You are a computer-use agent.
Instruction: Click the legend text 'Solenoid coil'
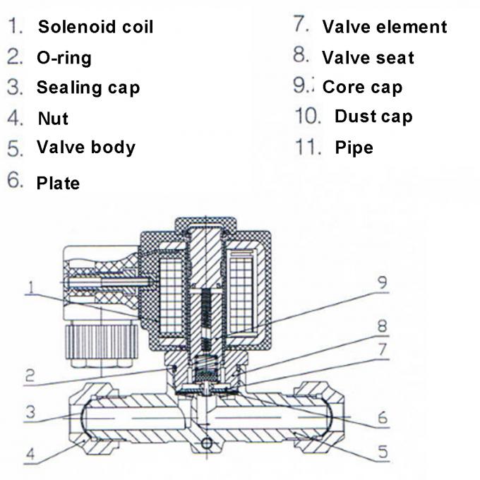(x=95, y=28)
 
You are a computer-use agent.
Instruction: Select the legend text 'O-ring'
(x=64, y=58)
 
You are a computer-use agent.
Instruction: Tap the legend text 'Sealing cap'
(x=88, y=88)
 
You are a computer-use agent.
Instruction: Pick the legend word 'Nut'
(x=53, y=119)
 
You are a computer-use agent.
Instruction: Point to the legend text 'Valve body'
(x=85, y=148)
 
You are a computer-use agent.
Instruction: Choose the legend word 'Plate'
(x=58, y=184)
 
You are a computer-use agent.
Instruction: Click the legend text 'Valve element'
(x=384, y=28)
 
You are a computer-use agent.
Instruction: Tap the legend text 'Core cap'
(x=362, y=88)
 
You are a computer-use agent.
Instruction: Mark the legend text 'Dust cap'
(x=373, y=116)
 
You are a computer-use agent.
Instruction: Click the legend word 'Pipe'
(x=354, y=148)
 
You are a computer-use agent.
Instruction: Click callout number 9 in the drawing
(x=381, y=284)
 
